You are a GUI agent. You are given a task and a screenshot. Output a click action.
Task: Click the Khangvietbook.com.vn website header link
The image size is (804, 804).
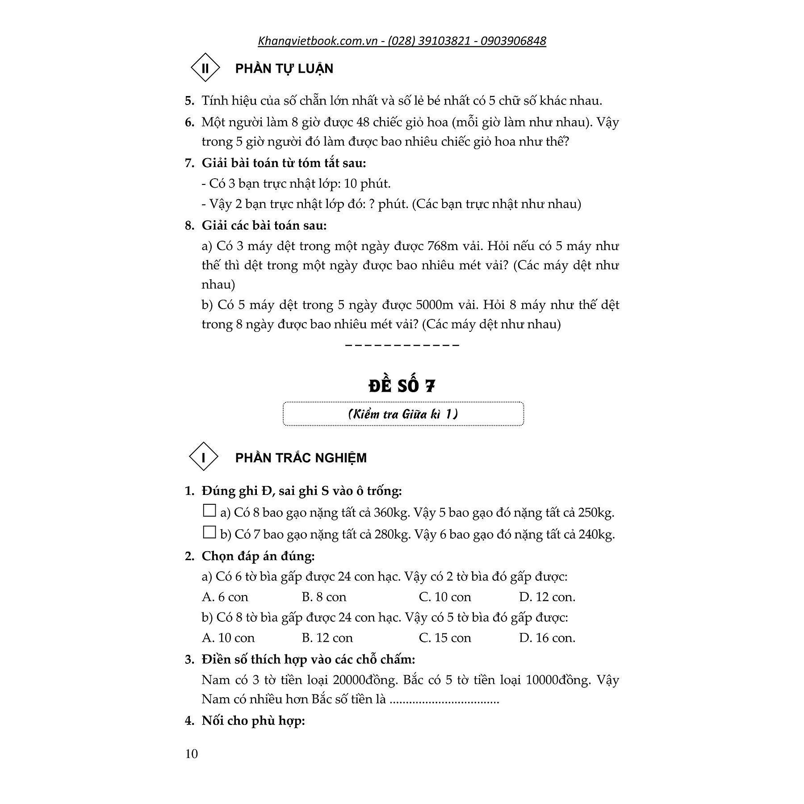[402, 41]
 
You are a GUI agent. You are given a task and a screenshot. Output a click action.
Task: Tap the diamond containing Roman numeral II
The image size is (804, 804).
[205, 68]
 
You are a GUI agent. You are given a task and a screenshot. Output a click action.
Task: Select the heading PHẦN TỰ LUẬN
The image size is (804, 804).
[284, 69]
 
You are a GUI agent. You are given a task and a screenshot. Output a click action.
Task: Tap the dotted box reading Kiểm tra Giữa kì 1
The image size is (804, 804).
[403, 414]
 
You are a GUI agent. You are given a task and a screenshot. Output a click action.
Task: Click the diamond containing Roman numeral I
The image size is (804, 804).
[204, 457]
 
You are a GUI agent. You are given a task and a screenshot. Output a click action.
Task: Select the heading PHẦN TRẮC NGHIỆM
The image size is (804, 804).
[301, 458]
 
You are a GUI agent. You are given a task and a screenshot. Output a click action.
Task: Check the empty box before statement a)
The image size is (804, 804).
[209, 511]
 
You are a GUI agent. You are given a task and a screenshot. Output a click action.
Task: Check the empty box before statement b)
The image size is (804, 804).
[209, 532]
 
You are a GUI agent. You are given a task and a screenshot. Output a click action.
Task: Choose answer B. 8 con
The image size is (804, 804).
[324, 597]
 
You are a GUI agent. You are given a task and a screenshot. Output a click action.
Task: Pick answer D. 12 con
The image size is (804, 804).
[547, 597]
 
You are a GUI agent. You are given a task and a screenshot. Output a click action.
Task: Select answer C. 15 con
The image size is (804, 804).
[445, 638]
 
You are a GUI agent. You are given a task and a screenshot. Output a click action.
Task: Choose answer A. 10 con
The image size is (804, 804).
[228, 638]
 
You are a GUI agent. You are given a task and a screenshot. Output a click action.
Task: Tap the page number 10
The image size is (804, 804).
[191, 754]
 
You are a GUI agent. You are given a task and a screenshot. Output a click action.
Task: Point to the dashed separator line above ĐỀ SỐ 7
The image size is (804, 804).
[402, 345]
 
